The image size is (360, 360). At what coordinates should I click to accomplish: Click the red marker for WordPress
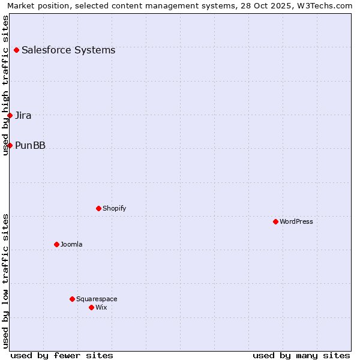275,221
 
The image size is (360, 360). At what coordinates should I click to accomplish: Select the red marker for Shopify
98,208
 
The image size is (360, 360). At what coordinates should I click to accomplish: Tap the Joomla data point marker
56,244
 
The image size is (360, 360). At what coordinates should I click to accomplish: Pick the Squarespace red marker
72,299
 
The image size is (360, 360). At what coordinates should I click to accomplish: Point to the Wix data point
91,307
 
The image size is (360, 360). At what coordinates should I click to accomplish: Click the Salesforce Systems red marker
16,50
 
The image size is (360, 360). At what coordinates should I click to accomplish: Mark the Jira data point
10,115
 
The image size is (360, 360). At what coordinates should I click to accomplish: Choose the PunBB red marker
10,145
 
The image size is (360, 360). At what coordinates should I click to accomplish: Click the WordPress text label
296,221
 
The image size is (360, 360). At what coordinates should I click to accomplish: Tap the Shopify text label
114,208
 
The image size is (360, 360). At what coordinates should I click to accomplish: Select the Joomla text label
71,244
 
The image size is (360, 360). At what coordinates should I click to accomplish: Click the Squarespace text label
97,299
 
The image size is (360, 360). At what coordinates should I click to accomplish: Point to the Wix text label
101,307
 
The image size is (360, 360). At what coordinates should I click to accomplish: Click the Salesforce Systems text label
68,50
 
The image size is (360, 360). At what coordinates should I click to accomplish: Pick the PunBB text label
30,145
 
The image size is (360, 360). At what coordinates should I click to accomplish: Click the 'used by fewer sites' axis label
62,355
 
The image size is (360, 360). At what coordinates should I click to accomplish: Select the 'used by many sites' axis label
301,355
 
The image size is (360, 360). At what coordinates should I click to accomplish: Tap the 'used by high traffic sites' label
5,85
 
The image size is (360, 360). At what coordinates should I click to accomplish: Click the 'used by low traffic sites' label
5,280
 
